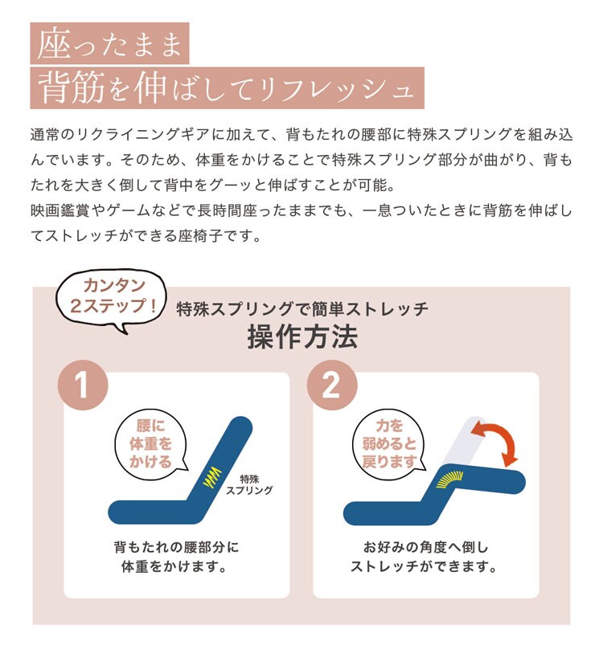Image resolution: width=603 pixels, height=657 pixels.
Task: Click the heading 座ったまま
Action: pos(109,43)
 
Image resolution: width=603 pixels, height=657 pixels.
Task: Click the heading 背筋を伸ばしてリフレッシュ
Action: pos(227,88)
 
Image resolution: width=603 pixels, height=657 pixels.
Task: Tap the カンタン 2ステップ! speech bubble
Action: pos(112,297)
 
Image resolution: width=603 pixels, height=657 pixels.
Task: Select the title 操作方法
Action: pos(302,337)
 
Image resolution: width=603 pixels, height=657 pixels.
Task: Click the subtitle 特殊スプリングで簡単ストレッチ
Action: pos(302,308)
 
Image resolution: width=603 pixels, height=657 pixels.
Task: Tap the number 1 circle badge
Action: pos(83,385)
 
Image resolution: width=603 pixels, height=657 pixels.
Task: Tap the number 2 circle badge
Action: pos(332,385)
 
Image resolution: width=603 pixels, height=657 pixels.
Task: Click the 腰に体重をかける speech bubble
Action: pos(151,443)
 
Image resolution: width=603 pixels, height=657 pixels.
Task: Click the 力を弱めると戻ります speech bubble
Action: pos(389,443)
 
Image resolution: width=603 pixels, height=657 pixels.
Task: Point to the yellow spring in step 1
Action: pos(212,477)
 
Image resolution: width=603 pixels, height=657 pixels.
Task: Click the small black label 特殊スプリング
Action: pos(249,484)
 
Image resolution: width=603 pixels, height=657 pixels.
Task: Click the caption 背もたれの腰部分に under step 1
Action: pos(176,547)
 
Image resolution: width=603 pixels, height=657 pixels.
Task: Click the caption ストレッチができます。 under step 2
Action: pos(424,566)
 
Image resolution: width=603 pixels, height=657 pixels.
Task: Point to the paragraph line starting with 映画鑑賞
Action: pos(301,210)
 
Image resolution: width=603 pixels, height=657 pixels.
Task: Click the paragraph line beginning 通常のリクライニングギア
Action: pos(301,135)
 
